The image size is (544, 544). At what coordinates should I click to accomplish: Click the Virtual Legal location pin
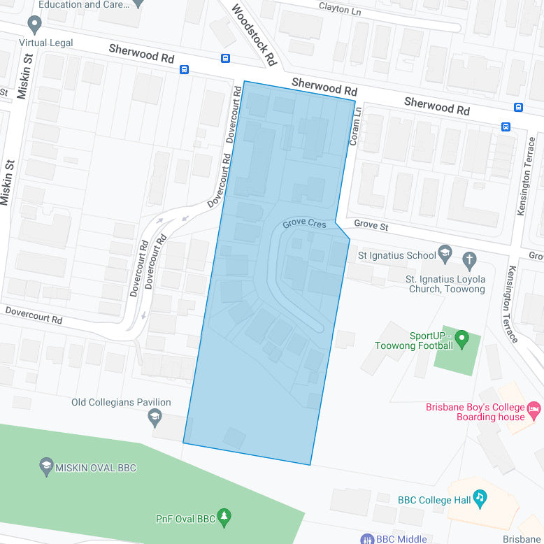pyautogui.click(x=34, y=25)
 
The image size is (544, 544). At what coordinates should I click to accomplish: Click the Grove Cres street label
pyautogui.click(x=304, y=224)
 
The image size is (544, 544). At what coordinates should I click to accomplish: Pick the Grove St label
pyautogui.click(x=371, y=225)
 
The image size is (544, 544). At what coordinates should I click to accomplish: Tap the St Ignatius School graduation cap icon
pyautogui.click(x=445, y=252)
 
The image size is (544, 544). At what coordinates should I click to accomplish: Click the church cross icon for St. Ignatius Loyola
pyautogui.click(x=470, y=262)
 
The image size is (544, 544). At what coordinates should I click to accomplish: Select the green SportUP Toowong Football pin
pyautogui.click(x=461, y=340)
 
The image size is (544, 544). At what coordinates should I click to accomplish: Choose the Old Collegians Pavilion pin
pyautogui.click(x=155, y=418)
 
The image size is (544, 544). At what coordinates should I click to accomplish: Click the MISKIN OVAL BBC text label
pyautogui.click(x=96, y=468)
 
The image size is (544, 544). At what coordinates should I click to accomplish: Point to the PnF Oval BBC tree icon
pyautogui.click(x=224, y=517)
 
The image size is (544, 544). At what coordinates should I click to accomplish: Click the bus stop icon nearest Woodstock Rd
pyautogui.click(x=225, y=59)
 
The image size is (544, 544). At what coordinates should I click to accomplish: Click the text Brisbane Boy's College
pyautogui.click(x=475, y=408)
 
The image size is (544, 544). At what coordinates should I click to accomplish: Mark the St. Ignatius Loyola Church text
pyautogui.click(x=445, y=284)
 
